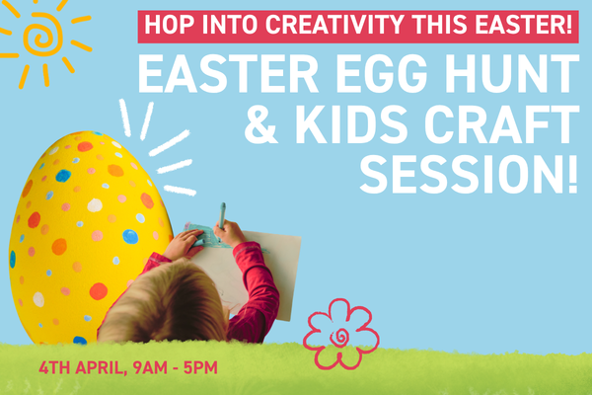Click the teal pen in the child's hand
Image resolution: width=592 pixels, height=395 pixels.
(x=222, y=214)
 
